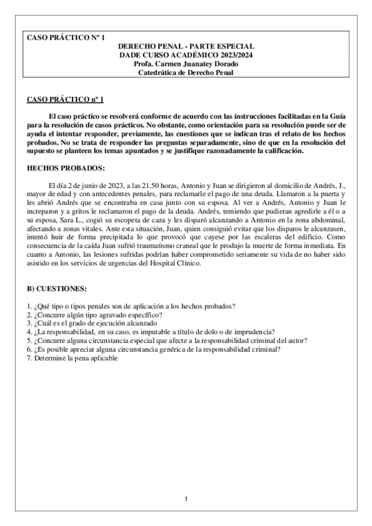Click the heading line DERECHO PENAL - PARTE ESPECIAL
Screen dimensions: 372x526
pos(186,47)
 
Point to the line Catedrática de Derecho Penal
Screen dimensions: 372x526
pos(186,73)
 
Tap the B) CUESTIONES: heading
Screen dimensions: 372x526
pos(57,290)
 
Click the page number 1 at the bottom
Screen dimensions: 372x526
pos(186,499)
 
